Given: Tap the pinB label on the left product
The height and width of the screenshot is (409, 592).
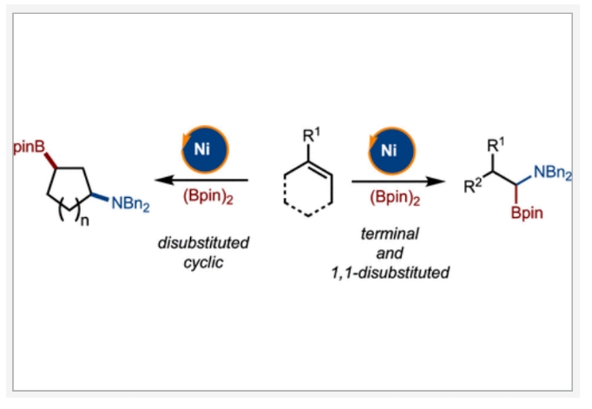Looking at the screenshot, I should [x=31, y=148].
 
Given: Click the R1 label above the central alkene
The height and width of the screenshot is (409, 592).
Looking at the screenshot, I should [x=311, y=136].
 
